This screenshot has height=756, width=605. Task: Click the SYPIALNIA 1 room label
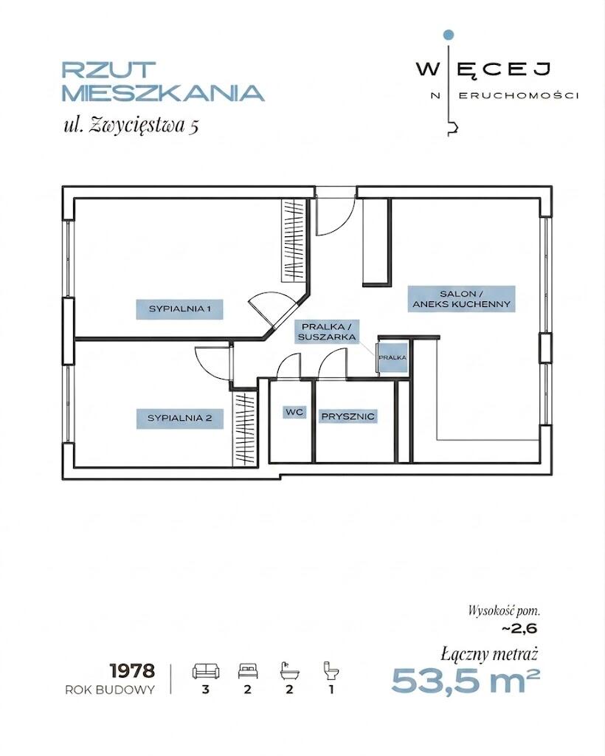click(179, 309)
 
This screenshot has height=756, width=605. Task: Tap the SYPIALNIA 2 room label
click(180, 419)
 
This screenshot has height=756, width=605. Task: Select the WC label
click(294, 412)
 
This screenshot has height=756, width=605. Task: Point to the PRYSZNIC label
click(348, 416)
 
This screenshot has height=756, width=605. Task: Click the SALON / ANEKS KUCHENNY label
click(461, 299)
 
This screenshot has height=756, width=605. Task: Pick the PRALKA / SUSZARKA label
click(327, 332)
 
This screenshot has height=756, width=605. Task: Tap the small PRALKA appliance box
click(393, 358)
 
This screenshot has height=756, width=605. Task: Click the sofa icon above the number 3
click(206, 670)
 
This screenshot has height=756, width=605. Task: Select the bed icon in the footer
click(248, 670)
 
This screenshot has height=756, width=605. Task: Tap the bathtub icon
click(289, 670)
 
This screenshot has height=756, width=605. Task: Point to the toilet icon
click(331, 670)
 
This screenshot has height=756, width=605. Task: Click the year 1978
click(133, 670)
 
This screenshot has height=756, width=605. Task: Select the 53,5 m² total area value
click(466, 680)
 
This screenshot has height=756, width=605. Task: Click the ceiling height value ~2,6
click(519, 629)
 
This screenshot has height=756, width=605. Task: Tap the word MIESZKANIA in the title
click(163, 93)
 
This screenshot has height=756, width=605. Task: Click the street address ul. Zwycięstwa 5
click(131, 125)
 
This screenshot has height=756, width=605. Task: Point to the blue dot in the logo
click(449, 35)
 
